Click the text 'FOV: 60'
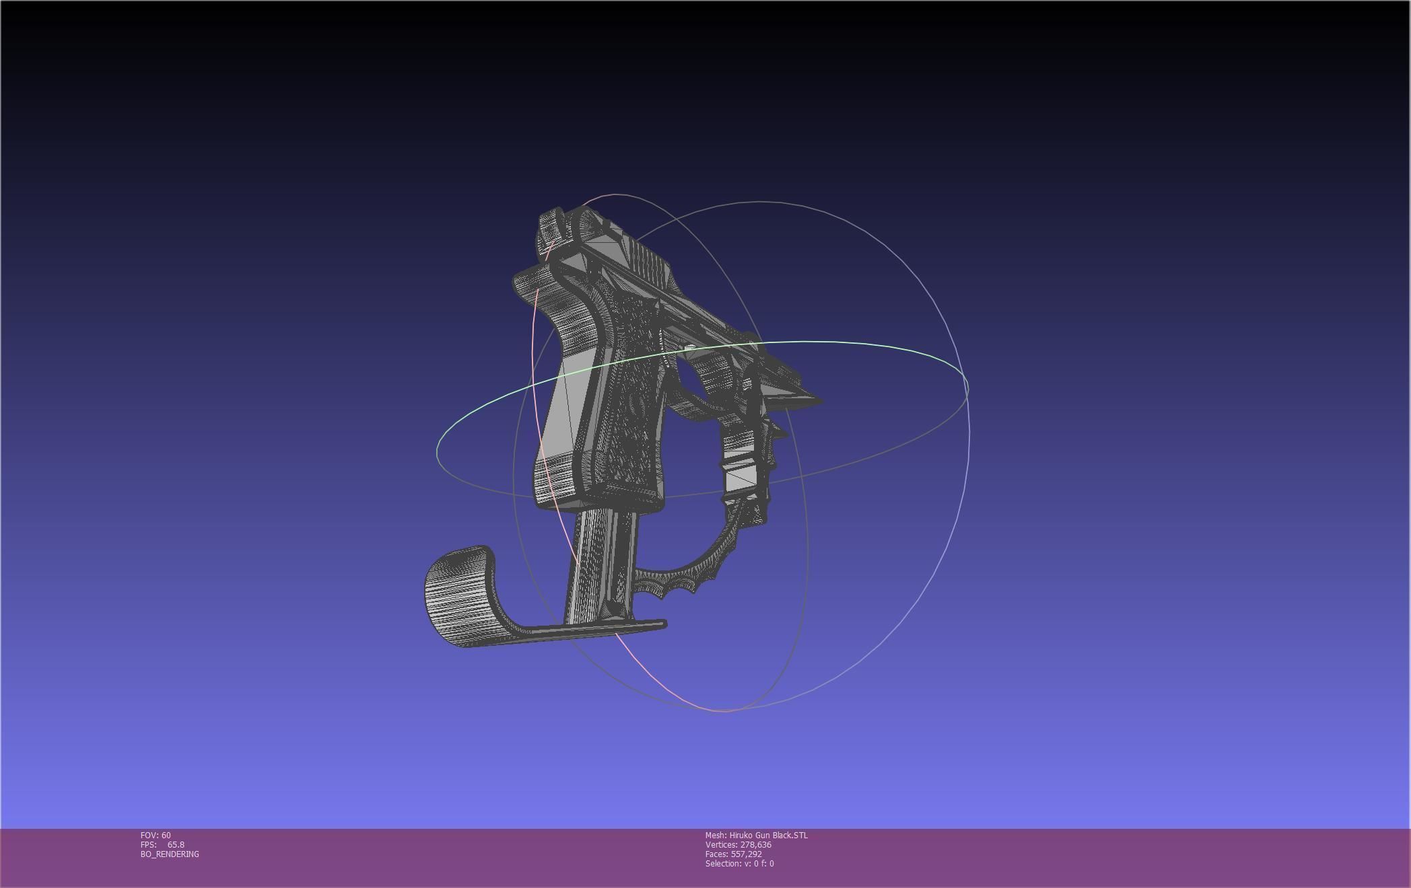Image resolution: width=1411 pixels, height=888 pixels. coord(156,835)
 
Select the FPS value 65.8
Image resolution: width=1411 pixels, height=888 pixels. coord(176,844)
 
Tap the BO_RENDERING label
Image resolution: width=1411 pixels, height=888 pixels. coord(170,854)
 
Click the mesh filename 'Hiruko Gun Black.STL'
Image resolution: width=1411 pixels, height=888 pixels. coord(768,835)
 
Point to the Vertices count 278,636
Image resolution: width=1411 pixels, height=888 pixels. coord(755,844)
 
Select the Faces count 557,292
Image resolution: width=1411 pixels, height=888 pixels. coord(746,854)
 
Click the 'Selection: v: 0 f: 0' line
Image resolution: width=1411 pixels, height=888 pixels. coord(739,863)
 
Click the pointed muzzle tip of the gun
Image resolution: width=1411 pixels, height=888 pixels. coord(816,401)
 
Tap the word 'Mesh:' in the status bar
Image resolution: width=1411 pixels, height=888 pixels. coord(716,835)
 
